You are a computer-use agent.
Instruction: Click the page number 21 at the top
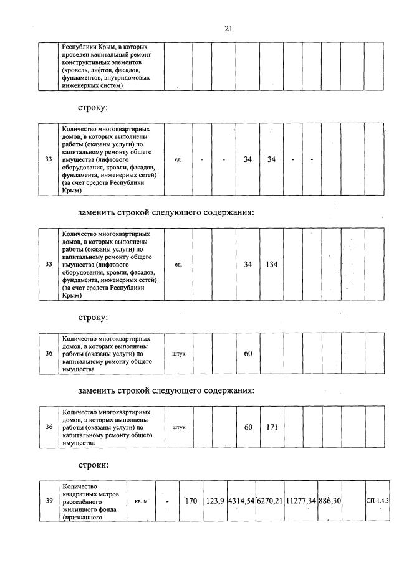pos(228,28)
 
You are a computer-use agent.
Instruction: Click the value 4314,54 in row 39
pos(241,501)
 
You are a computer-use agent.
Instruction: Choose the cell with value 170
pos(191,500)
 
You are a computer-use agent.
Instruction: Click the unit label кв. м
pos(141,501)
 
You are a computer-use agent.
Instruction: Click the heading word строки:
pos(94,465)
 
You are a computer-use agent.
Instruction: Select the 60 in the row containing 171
pos(248,428)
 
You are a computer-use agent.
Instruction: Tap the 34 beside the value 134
pos(248,265)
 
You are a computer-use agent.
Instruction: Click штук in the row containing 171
pos(178,428)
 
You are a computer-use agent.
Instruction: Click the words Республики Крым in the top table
pos(85,47)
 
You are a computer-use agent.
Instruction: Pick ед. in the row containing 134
pos(178,265)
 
